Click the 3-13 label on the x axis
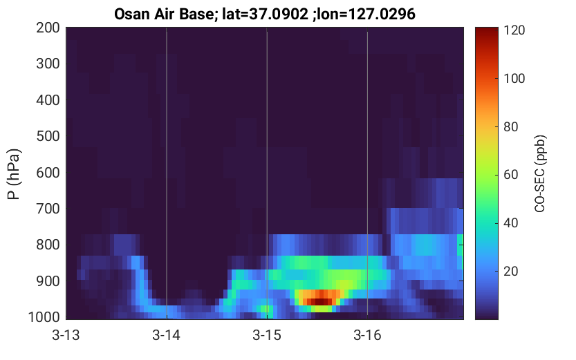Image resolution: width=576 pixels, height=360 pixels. point(66,335)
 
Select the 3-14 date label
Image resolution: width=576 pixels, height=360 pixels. point(167,335)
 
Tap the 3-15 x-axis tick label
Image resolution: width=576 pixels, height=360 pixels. point(267,335)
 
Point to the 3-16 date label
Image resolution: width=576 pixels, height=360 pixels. point(367,335)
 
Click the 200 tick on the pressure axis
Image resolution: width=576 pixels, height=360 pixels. point(48,28)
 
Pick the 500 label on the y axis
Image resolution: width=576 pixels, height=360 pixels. point(48,136)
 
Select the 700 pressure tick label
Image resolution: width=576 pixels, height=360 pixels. point(48,209)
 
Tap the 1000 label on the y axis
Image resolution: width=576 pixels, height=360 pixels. point(44,317)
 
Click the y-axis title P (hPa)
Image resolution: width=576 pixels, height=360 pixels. point(14,174)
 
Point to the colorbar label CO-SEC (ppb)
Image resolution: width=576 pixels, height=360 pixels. point(540,173)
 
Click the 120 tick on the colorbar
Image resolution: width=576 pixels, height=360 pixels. point(514,30)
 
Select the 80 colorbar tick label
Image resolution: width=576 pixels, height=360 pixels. point(510,126)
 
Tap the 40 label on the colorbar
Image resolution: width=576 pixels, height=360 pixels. point(510,222)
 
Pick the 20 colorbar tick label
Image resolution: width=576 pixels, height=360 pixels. point(510,271)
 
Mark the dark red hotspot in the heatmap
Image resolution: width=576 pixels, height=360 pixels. point(319,301)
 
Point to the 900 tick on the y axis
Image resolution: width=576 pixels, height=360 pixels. point(48,281)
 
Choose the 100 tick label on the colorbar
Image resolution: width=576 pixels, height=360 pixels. point(514,79)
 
